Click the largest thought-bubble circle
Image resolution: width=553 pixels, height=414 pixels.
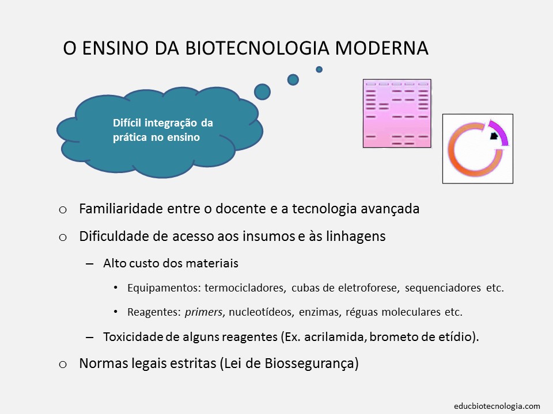click(262, 91)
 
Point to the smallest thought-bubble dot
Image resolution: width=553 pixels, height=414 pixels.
click(319, 70)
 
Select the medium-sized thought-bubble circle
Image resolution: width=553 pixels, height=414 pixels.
click(293, 79)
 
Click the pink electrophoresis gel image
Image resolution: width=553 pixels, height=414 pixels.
click(397, 114)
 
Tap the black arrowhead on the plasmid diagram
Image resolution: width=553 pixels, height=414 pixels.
click(494, 136)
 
